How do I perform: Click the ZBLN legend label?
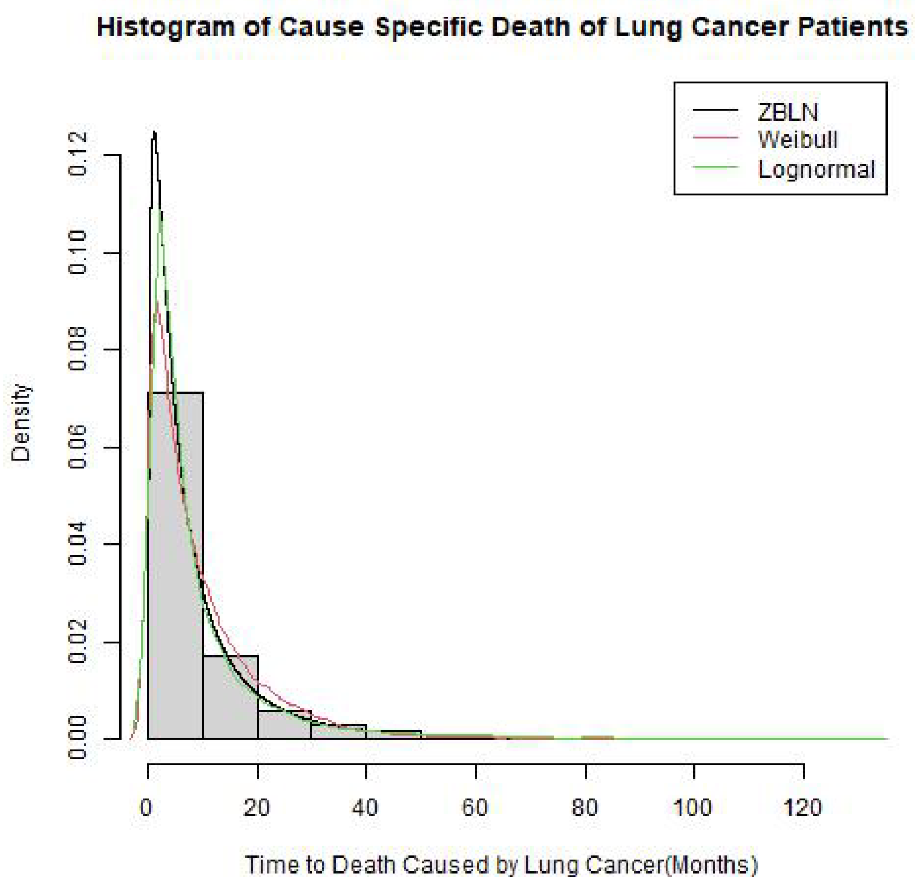787,112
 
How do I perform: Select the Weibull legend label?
797,140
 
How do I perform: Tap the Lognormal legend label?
816,169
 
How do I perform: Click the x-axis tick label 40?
365,808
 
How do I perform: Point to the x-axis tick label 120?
802,808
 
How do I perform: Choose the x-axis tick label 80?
585,808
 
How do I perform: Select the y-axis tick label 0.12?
78,155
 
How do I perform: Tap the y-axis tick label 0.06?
78,447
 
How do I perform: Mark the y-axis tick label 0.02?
78,642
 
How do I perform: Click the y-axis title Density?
21,422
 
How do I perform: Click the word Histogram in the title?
165,27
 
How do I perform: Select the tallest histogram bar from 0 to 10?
175,565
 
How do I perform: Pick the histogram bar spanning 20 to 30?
284,725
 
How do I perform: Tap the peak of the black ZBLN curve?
154,132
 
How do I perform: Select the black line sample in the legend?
716,110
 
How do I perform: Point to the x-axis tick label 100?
692,808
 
